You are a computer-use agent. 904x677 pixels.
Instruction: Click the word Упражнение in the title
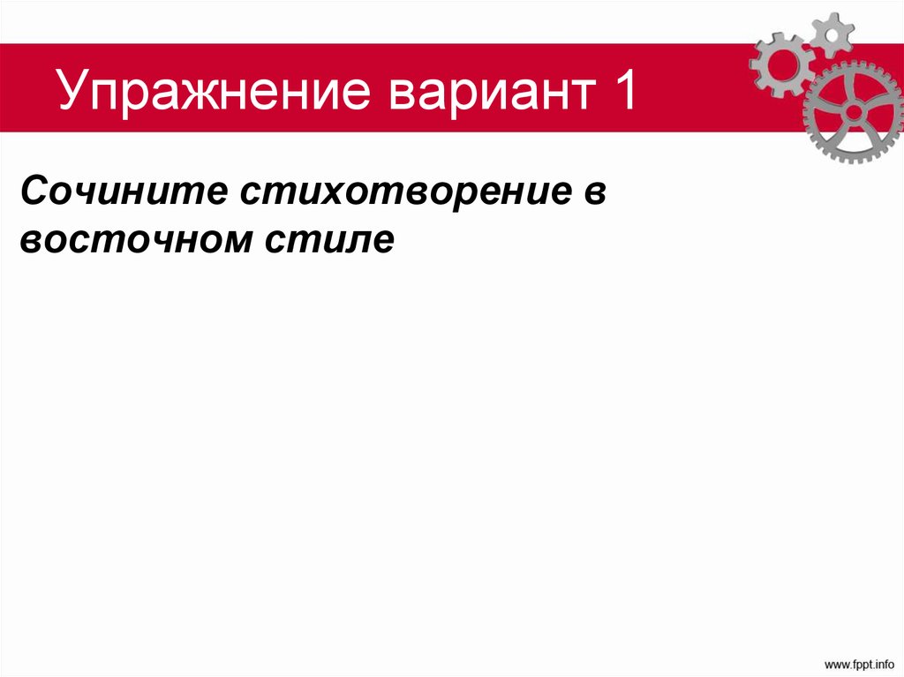tap(212, 93)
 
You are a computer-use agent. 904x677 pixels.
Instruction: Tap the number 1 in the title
tap(621, 93)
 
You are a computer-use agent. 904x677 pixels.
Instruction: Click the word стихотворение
tap(394, 192)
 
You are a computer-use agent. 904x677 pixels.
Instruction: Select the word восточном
tap(132, 240)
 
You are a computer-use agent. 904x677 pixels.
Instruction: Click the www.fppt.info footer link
tap(857, 662)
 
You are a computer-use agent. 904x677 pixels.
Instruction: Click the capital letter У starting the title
tap(72, 93)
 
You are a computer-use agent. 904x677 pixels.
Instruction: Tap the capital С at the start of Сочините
tap(34, 192)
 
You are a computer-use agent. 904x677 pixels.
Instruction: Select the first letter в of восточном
tap(29, 241)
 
